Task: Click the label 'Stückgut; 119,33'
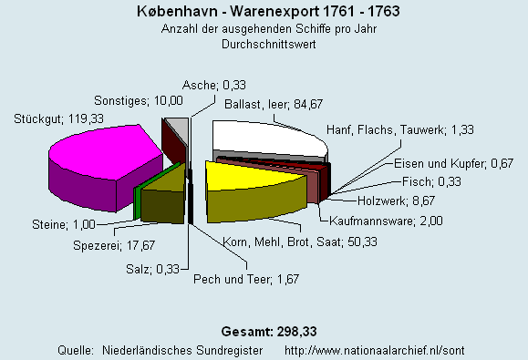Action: [x=51, y=118]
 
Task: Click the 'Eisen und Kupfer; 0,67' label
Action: [x=453, y=163]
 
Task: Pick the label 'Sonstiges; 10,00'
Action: [x=140, y=100]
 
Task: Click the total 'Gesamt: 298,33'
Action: [x=264, y=329]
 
